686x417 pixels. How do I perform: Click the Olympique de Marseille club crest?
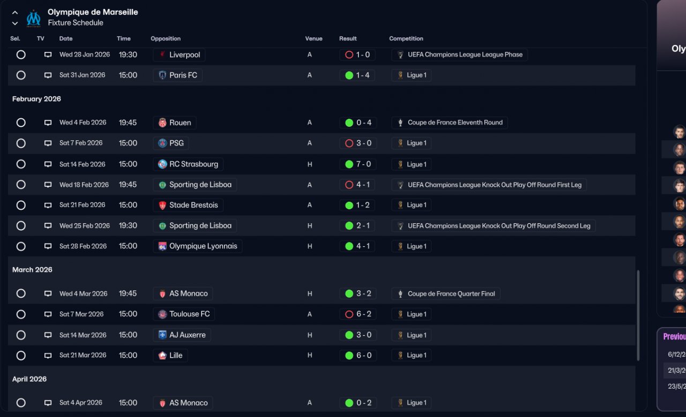33,18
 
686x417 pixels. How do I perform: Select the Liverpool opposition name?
184,55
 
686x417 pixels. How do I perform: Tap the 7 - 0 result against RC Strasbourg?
357,164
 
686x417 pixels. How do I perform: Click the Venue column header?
314,39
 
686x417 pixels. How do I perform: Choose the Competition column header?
406,39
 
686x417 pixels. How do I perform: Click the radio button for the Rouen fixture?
21,123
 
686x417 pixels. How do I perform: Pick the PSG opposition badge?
162,143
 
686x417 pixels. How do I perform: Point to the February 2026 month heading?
36,99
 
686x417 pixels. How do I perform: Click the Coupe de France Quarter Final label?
451,294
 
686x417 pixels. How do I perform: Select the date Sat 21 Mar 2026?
83,355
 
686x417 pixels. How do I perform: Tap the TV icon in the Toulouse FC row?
48,315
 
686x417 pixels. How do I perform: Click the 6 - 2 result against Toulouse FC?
357,314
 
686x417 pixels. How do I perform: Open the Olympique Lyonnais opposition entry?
203,246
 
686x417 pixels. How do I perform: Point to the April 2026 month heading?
29,379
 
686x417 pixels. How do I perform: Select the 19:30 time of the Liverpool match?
128,55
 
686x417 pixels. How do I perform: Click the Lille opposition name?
176,355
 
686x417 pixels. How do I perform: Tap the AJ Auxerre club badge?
162,335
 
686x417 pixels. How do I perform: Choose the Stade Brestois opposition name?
193,205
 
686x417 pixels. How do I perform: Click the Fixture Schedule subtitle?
75,23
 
